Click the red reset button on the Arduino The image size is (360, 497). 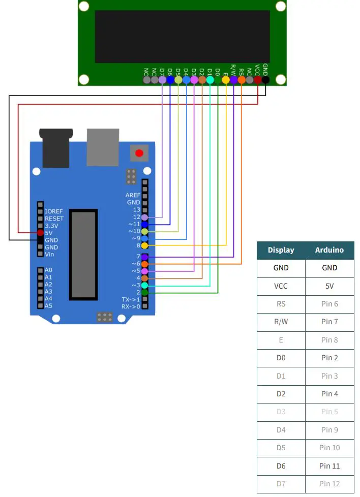click(139, 153)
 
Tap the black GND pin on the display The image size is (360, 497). click(265, 79)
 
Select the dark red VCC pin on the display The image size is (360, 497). click(258, 79)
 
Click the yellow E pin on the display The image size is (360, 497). click(226, 79)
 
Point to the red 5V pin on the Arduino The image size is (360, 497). click(40, 233)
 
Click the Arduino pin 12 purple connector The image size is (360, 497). click(145, 217)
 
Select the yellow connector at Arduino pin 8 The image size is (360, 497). click(145, 245)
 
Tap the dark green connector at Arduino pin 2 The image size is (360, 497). click(145, 293)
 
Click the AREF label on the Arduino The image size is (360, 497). click(133, 195)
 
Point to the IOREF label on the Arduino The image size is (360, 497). click(54, 211)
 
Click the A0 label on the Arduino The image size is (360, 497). click(48, 270)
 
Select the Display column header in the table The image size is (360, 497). click(281, 250)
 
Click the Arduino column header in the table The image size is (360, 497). click(329, 250)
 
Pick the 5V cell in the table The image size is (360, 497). click(329, 286)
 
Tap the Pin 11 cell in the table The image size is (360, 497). click(329, 465)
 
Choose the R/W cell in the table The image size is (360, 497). click(281, 322)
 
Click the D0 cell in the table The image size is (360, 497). click(281, 358)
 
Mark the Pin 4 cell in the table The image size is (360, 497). click(329, 394)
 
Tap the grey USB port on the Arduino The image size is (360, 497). click(103, 147)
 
